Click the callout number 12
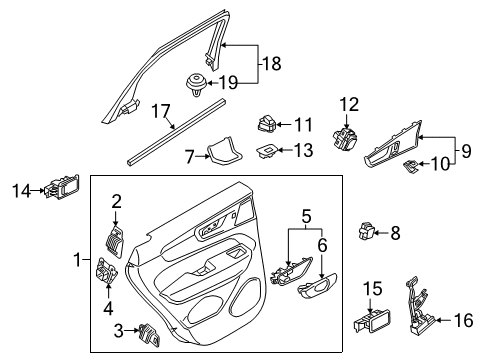pyautogui.click(x=348, y=103)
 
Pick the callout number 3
pyautogui.click(x=118, y=329)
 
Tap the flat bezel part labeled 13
pyautogui.click(x=267, y=150)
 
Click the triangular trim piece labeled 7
pyautogui.click(x=225, y=152)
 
